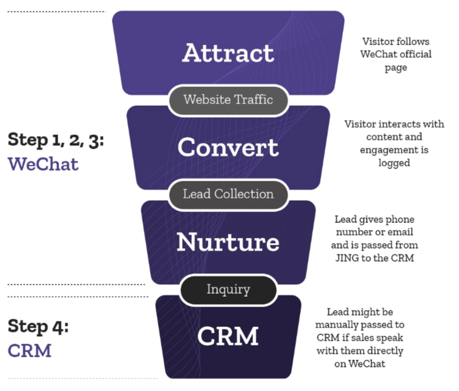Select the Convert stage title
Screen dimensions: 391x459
pyautogui.click(x=228, y=147)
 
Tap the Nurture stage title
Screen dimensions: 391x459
pyautogui.click(x=228, y=242)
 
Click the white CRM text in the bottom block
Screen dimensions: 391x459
pyautogui.click(x=228, y=336)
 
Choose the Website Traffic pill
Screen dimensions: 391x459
pyautogui.click(x=228, y=99)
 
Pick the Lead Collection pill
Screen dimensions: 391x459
pyautogui.click(x=228, y=194)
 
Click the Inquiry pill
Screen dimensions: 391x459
pyautogui.click(x=228, y=289)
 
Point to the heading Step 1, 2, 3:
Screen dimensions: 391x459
pyautogui.click(x=56, y=140)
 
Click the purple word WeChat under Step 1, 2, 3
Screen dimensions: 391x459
pyautogui.click(x=43, y=164)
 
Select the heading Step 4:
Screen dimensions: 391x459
pyautogui.click(x=38, y=326)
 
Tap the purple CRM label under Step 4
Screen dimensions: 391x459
pyautogui.click(x=30, y=350)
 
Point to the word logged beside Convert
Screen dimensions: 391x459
pyautogui.click(x=394, y=162)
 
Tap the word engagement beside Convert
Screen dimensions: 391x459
pyautogui.click(x=385, y=150)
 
